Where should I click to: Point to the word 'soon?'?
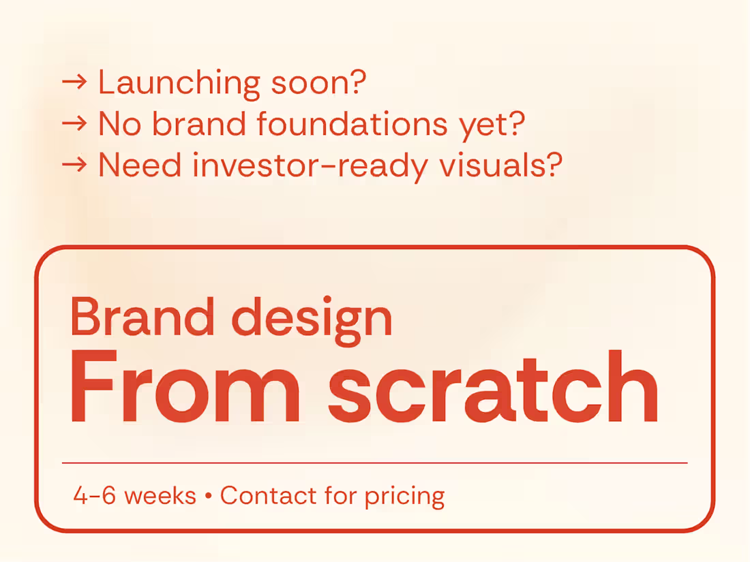(x=319, y=82)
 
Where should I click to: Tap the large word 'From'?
(x=185, y=389)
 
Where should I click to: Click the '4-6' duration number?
(x=95, y=496)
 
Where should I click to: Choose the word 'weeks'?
(x=160, y=496)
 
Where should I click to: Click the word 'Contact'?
(x=268, y=496)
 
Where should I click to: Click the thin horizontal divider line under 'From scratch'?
(x=374, y=463)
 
